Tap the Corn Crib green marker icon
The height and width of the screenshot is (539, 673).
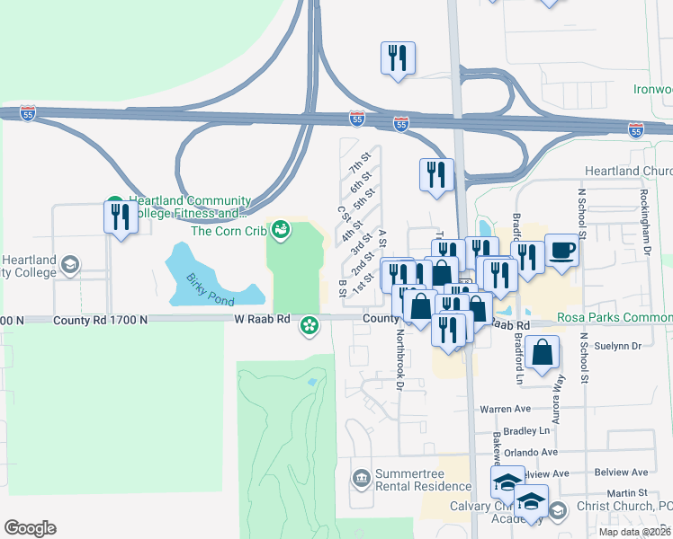pyautogui.click(x=280, y=231)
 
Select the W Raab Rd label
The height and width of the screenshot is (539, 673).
pyautogui.click(x=264, y=320)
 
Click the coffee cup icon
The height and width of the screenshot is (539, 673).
pyautogui.click(x=561, y=249)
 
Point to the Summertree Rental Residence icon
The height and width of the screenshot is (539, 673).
pyautogui.click(x=361, y=477)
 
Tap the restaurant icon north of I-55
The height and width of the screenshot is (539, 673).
pyautogui.click(x=397, y=58)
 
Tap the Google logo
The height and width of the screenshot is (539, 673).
pyautogui.click(x=30, y=528)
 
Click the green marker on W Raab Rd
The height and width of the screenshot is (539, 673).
pyautogui.click(x=310, y=324)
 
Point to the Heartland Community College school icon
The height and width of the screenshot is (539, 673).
pyautogui.click(x=69, y=265)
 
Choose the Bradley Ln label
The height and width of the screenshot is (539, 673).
pyautogui.click(x=526, y=431)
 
